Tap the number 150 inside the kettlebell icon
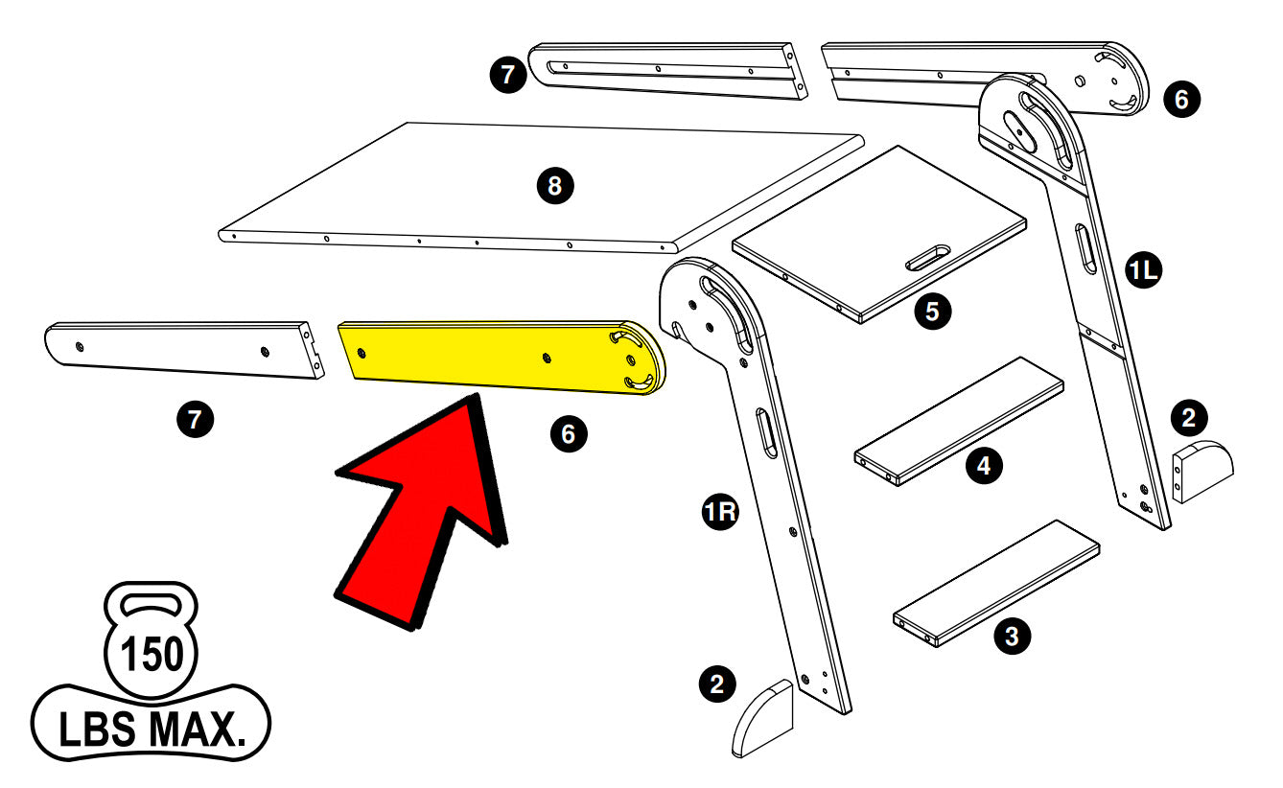[151, 656]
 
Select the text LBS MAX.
[151, 730]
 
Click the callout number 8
[554, 186]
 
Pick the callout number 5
[932, 311]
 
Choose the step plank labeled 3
[997, 581]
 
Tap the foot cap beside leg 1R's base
[764, 719]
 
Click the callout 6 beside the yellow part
[568, 434]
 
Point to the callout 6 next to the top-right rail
[1180, 98]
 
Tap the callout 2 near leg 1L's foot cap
[1189, 417]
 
